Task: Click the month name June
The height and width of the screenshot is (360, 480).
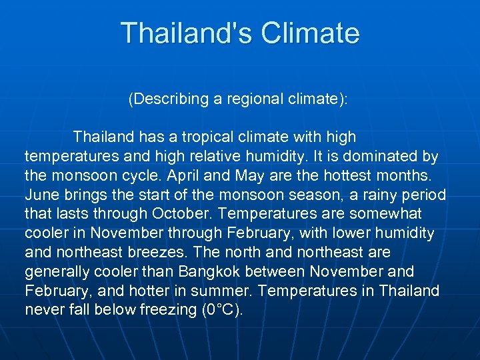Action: tap(41, 195)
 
